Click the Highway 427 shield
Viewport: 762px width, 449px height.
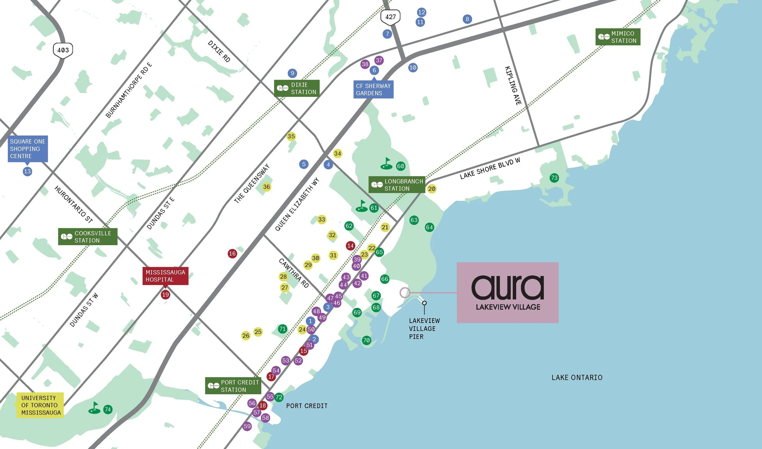point(390,17)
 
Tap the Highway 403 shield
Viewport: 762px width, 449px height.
point(63,50)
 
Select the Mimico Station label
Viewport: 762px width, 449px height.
point(618,37)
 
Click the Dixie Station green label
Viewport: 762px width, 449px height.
point(297,88)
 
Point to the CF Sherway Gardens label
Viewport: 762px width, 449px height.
point(373,90)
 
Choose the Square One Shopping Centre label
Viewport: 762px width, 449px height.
point(28,149)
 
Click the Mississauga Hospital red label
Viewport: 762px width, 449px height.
point(165,276)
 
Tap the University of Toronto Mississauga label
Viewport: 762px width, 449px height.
point(40,405)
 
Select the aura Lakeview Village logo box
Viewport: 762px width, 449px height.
point(507,292)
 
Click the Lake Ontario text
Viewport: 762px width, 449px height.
point(577,378)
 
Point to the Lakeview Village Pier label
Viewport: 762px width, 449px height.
point(424,329)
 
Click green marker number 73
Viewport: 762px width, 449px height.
point(554,178)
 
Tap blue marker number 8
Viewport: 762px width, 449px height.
point(467,19)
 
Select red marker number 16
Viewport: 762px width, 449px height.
point(232,253)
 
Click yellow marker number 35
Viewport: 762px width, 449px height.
point(291,136)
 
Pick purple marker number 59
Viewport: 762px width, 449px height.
point(247,426)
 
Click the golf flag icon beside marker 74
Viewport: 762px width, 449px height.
point(94,408)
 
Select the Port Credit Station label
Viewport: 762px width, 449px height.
point(233,386)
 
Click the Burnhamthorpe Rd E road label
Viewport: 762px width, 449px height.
point(129,90)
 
